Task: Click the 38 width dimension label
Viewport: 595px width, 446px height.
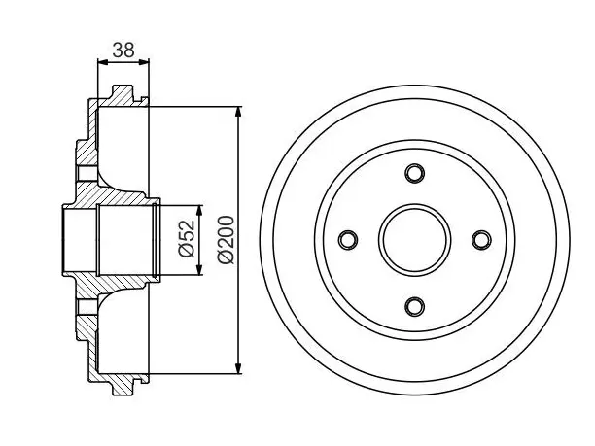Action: [x=123, y=51]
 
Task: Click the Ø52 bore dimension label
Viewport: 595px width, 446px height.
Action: [x=187, y=239]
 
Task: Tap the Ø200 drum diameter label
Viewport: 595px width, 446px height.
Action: [x=226, y=239]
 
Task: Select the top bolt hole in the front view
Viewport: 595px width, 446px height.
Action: [x=414, y=173]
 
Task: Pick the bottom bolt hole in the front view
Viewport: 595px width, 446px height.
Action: [x=414, y=306]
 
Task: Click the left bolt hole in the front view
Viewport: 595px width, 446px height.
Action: [x=348, y=240]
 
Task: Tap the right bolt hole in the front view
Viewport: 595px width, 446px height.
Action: [x=481, y=240]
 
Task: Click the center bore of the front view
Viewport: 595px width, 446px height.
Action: [x=414, y=240]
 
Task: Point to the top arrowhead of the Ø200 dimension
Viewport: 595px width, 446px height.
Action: [x=238, y=113]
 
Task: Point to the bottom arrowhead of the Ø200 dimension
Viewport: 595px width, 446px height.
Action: [x=238, y=367]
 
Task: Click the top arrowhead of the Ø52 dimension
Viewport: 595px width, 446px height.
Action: [x=199, y=211]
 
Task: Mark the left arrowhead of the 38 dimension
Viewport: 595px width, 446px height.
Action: [x=104, y=62]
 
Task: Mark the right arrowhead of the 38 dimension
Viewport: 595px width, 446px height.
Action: [x=143, y=62]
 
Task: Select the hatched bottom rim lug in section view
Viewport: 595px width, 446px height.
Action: [x=122, y=383]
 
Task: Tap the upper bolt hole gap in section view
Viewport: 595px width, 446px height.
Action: [x=87, y=173]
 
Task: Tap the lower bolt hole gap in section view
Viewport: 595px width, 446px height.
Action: [x=87, y=306]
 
